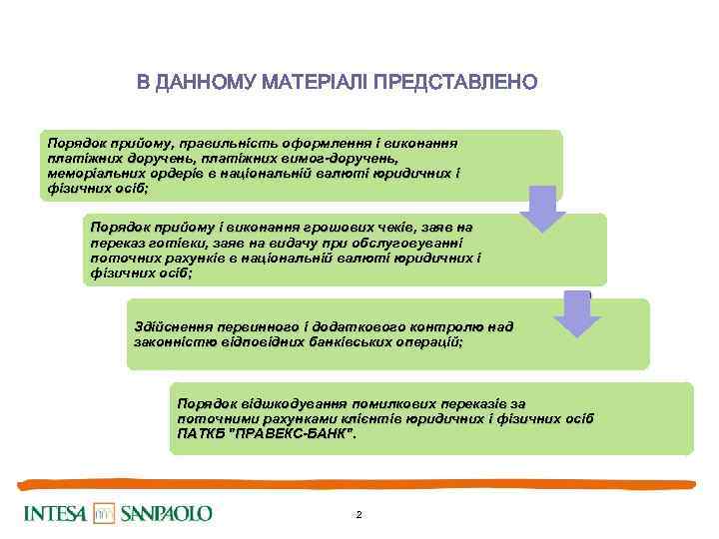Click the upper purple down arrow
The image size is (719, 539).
(542, 208)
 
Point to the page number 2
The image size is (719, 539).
(359, 515)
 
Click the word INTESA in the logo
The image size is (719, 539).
(56, 514)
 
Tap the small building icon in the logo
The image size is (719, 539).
(105, 514)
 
